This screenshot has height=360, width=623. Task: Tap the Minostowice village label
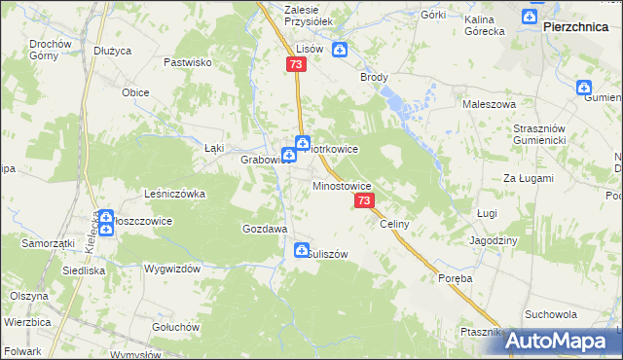(341, 184)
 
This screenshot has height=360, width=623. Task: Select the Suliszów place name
(327, 254)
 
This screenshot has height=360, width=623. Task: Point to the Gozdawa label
(264, 229)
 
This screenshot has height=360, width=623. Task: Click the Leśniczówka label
(174, 194)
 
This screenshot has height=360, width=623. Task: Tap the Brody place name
(374, 77)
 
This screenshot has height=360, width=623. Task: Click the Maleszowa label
(489, 103)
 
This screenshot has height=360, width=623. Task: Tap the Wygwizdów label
(171, 268)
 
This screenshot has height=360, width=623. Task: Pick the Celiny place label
(394, 224)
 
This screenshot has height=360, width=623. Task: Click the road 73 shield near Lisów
(297, 64)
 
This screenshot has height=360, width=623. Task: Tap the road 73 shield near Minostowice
(364, 200)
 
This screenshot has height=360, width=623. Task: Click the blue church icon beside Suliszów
(302, 252)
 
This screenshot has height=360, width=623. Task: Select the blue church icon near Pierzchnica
(529, 17)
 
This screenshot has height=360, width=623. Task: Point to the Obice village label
(134, 92)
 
